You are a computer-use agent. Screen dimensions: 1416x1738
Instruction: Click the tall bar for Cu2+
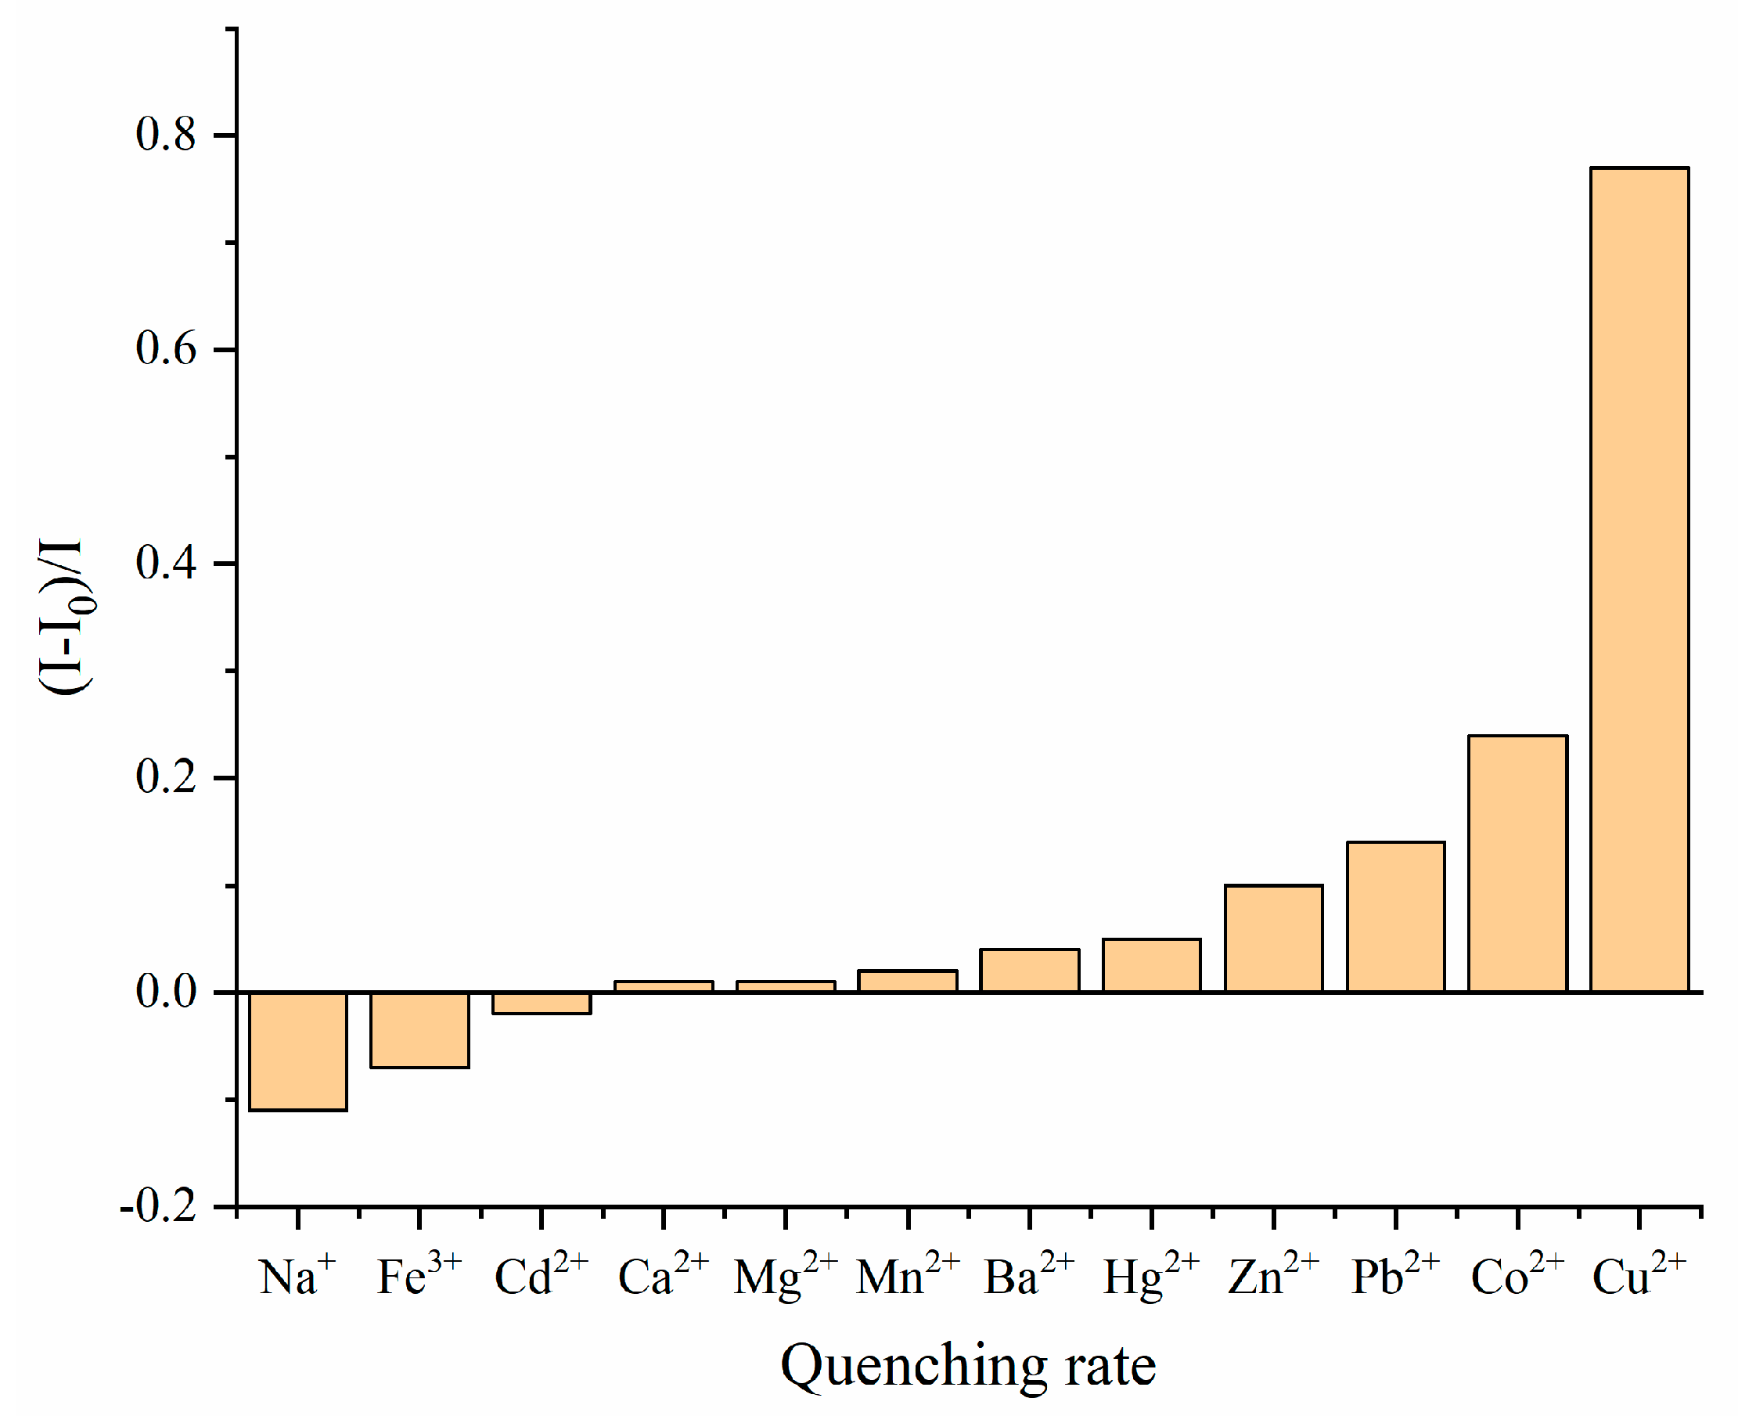[1639, 579]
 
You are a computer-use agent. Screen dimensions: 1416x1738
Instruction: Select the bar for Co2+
[1518, 864]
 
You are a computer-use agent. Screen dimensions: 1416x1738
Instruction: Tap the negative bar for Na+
[297, 1051]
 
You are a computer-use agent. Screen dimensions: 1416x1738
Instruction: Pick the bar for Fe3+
[419, 1030]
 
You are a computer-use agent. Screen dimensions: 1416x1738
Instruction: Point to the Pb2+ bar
[1395, 917]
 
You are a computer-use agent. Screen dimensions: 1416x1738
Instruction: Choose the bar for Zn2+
[1273, 938]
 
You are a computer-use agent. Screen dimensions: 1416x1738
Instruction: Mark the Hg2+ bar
[1152, 966]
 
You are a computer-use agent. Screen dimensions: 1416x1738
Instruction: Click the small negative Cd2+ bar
[542, 1003]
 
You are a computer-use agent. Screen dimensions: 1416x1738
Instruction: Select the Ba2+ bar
[1029, 971]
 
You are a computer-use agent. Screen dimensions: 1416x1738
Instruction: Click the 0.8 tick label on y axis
[166, 135]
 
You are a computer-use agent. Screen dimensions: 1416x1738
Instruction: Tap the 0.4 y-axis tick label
[166, 564]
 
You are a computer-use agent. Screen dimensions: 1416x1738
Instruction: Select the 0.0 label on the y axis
[166, 992]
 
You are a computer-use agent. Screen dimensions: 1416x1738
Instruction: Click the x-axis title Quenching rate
[968, 1366]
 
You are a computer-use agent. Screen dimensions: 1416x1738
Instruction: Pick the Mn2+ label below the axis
[908, 1275]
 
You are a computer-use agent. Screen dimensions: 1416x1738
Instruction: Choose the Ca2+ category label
[663, 1275]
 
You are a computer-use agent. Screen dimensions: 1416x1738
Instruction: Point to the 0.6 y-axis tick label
[166, 349]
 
